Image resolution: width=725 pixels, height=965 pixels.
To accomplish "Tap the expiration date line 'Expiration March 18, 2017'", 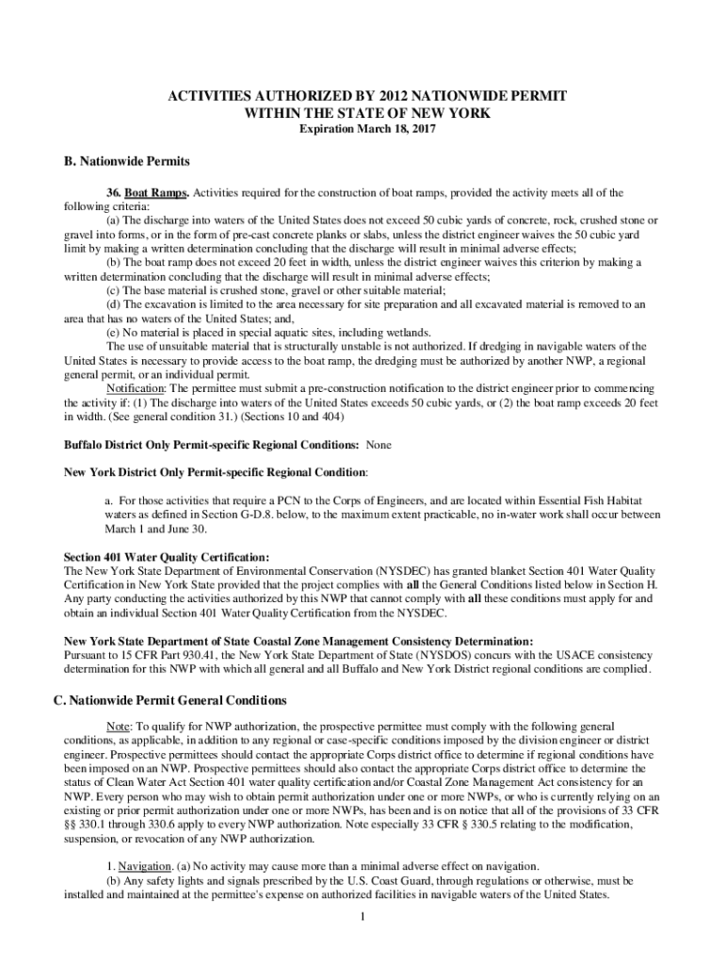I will tap(362, 128).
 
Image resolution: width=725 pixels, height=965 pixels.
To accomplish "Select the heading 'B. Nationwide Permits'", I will tap(111, 161).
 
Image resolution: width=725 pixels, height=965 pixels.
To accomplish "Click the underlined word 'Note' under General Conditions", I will tap(118, 728).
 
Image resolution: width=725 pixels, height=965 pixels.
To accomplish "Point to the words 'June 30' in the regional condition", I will tap(170, 529).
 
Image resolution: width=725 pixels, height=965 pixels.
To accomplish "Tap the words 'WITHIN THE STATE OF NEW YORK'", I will tap(362, 113).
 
